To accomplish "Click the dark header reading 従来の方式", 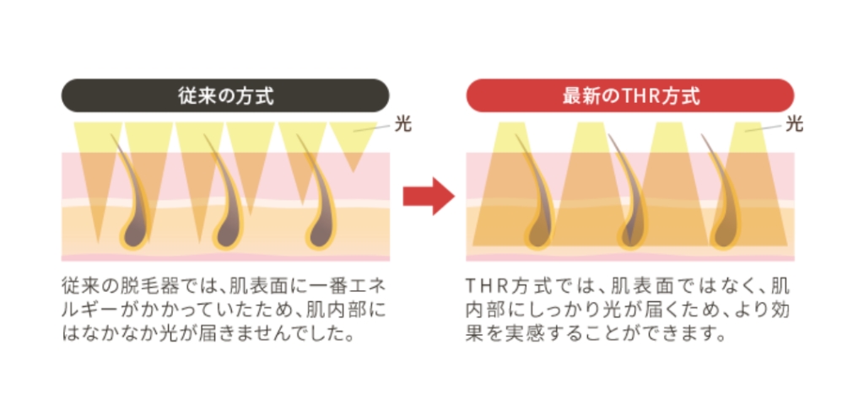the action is (x=224, y=95).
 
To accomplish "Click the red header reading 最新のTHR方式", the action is (x=629, y=95).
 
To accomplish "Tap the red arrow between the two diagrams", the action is (x=429, y=197).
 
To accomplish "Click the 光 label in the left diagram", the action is (x=402, y=124).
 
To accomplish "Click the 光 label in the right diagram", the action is (x=794, y=124).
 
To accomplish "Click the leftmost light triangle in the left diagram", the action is (x=98, y=176).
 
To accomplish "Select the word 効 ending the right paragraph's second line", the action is (x=780, y=310).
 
